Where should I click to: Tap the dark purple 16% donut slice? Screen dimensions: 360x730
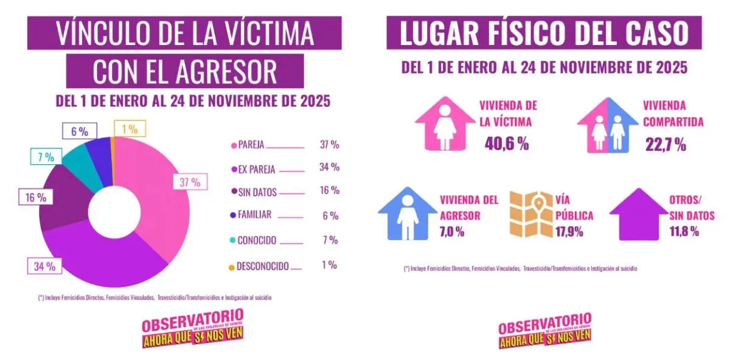pos(64,201)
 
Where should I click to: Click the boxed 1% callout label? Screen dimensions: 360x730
pos(130,128)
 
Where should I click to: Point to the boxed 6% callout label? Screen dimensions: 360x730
pos(79,131)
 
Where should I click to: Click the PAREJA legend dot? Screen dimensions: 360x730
pos(233,145)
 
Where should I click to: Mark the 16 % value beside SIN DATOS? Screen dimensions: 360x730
pos(329,190)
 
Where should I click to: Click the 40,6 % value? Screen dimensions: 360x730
pos(507,144)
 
